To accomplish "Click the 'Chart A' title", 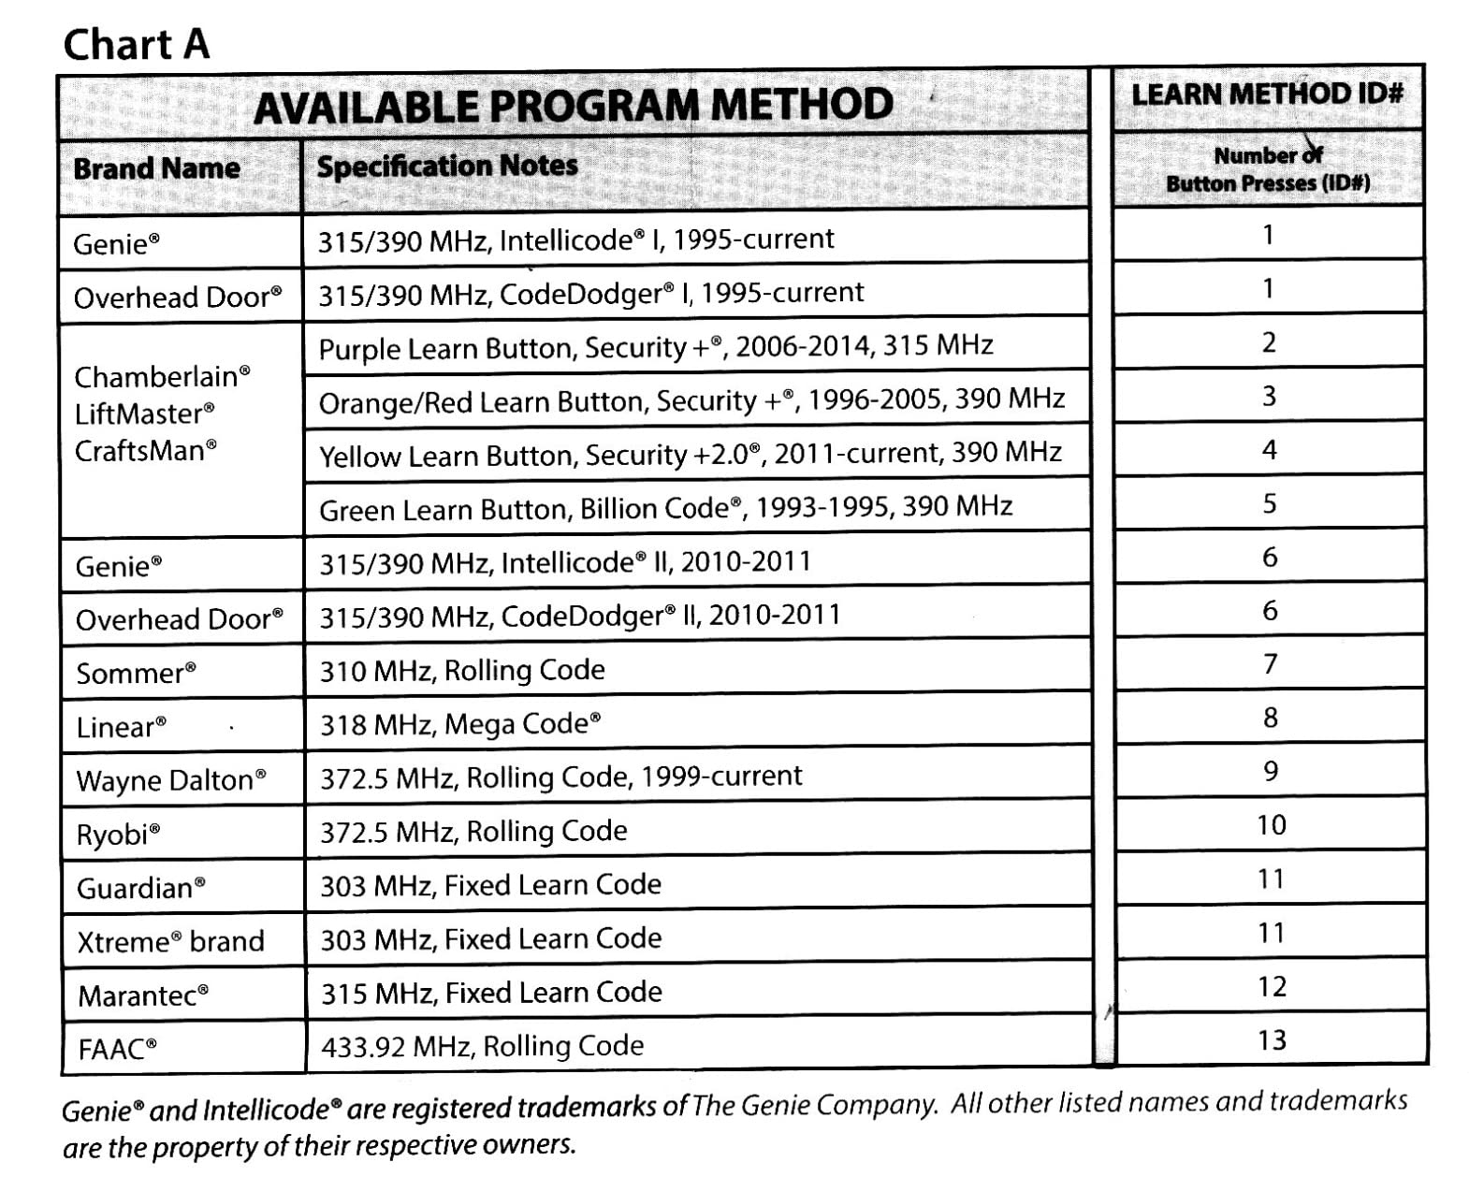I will (136, 44).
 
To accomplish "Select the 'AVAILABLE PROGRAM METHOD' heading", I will (573, 105).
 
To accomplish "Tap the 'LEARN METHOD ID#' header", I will (1267, 94).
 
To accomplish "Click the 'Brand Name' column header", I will (156, 168).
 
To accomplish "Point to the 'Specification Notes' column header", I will (447, 167).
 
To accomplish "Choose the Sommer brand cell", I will (136, 673).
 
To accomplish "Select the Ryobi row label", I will (118, 834).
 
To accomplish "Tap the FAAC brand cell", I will (117, 1049).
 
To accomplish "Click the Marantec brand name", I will (142, 995).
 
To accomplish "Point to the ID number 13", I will (1272, 1039).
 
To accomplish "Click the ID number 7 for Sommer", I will (1270, 664).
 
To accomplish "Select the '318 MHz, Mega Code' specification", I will (460, 724).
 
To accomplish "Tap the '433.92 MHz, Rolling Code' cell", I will (482, 1045).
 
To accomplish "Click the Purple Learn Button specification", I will (655, 347).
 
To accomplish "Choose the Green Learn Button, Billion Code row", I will (665, 508).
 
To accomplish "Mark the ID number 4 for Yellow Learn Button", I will (1269, 450).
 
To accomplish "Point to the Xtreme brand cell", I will (170, 941).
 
